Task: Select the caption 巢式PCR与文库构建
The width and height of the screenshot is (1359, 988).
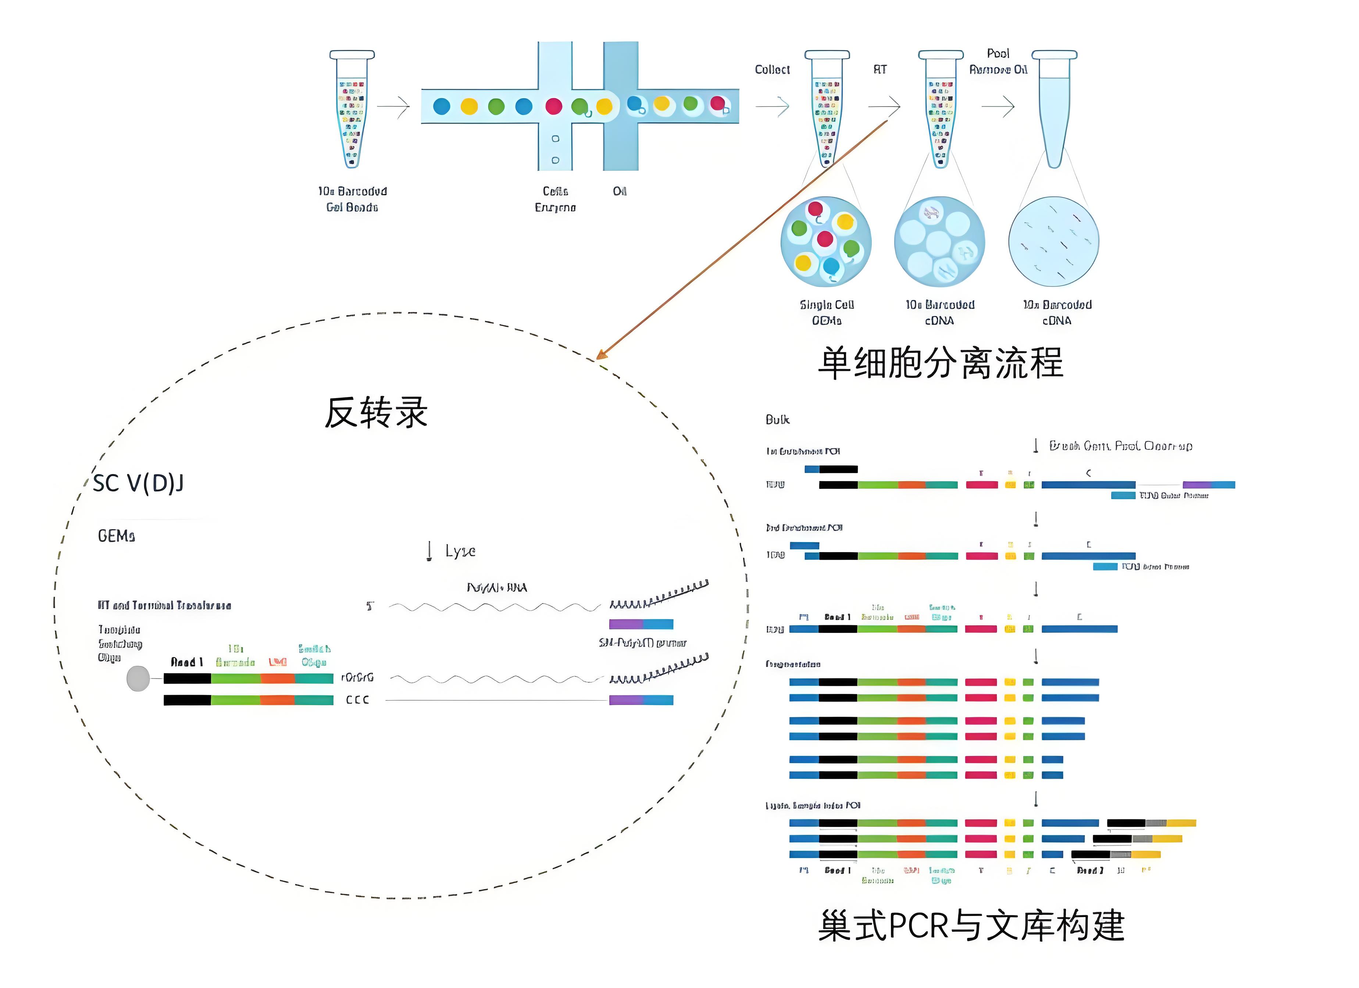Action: click(971, 925)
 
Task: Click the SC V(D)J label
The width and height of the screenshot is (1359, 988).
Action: click(138, 483)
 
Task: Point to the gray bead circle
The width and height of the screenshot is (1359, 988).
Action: click(138, 678)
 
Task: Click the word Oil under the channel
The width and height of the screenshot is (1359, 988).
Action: click(620, 191)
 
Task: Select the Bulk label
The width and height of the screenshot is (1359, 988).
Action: click(777, 419)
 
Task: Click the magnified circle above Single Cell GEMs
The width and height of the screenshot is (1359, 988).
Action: click(826, 241)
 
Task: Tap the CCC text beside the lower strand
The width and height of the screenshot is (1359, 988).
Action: click(357, 700)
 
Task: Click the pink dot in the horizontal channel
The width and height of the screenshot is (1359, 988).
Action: click(554, 106)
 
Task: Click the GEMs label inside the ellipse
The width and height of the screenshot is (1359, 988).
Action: click(116, 536)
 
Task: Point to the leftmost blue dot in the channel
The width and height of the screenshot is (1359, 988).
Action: click(442, 106)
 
